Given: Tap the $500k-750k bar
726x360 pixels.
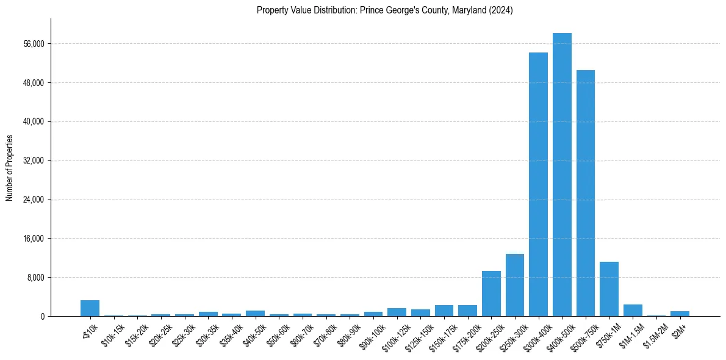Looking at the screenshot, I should (x=586, y=193).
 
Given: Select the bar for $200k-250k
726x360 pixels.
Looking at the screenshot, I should (x=491, y=293).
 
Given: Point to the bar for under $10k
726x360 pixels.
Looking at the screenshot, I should (x=90, y=308).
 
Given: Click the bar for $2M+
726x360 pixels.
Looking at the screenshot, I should (x=680, y=314).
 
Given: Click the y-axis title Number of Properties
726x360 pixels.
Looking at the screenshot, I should (x=9, y=167).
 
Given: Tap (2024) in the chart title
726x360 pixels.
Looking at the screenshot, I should (x=501, y=10).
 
